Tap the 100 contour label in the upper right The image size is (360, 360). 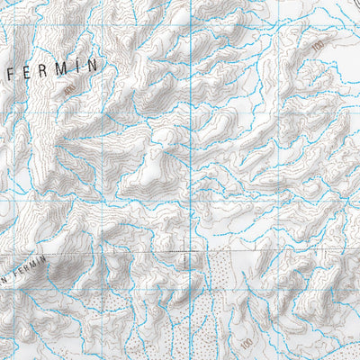317,42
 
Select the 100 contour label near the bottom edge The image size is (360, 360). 246,345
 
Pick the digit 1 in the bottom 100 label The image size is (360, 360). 244,341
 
